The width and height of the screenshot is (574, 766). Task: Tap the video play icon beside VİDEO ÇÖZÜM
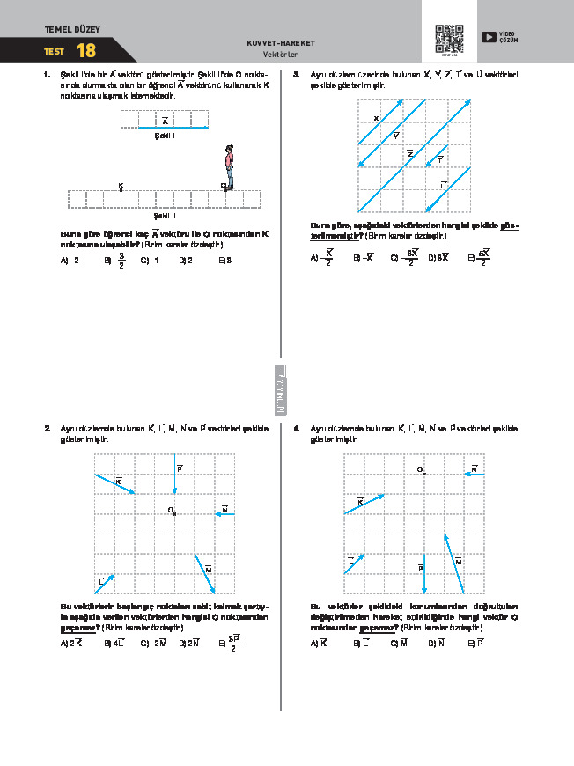488,37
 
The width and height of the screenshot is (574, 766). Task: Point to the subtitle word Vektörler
282,54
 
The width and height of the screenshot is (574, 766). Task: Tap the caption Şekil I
165,136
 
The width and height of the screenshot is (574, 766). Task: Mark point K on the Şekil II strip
121,189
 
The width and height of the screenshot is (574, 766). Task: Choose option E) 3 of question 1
225,261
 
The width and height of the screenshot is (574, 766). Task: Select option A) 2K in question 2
70,644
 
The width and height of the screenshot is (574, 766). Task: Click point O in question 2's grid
175,513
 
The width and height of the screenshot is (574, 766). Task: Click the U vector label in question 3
444,185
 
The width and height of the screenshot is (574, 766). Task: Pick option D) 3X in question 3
438,258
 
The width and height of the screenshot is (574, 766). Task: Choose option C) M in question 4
399,644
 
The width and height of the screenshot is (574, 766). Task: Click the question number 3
297,75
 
